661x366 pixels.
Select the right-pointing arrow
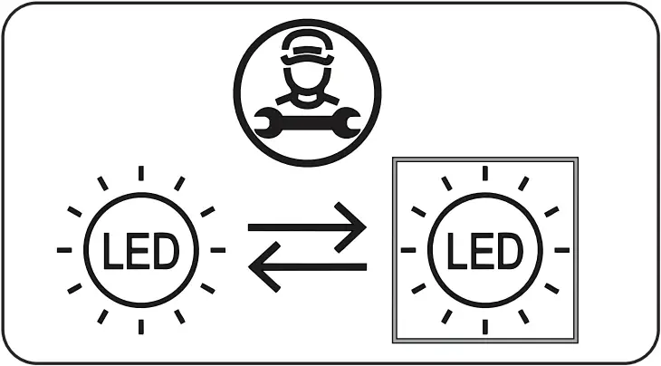click(x=307, y=226)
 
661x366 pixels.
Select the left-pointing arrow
click(x=307, y=266)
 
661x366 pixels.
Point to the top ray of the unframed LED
click(x=139, y=173)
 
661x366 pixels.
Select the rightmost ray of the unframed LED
click(x=217, y=249)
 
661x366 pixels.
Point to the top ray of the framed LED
click(x=484, y=173)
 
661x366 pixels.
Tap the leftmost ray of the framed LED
click(x=408, y=249)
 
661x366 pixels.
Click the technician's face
click(x=307, y=76)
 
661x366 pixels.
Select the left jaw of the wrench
click(x=263, y=121)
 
